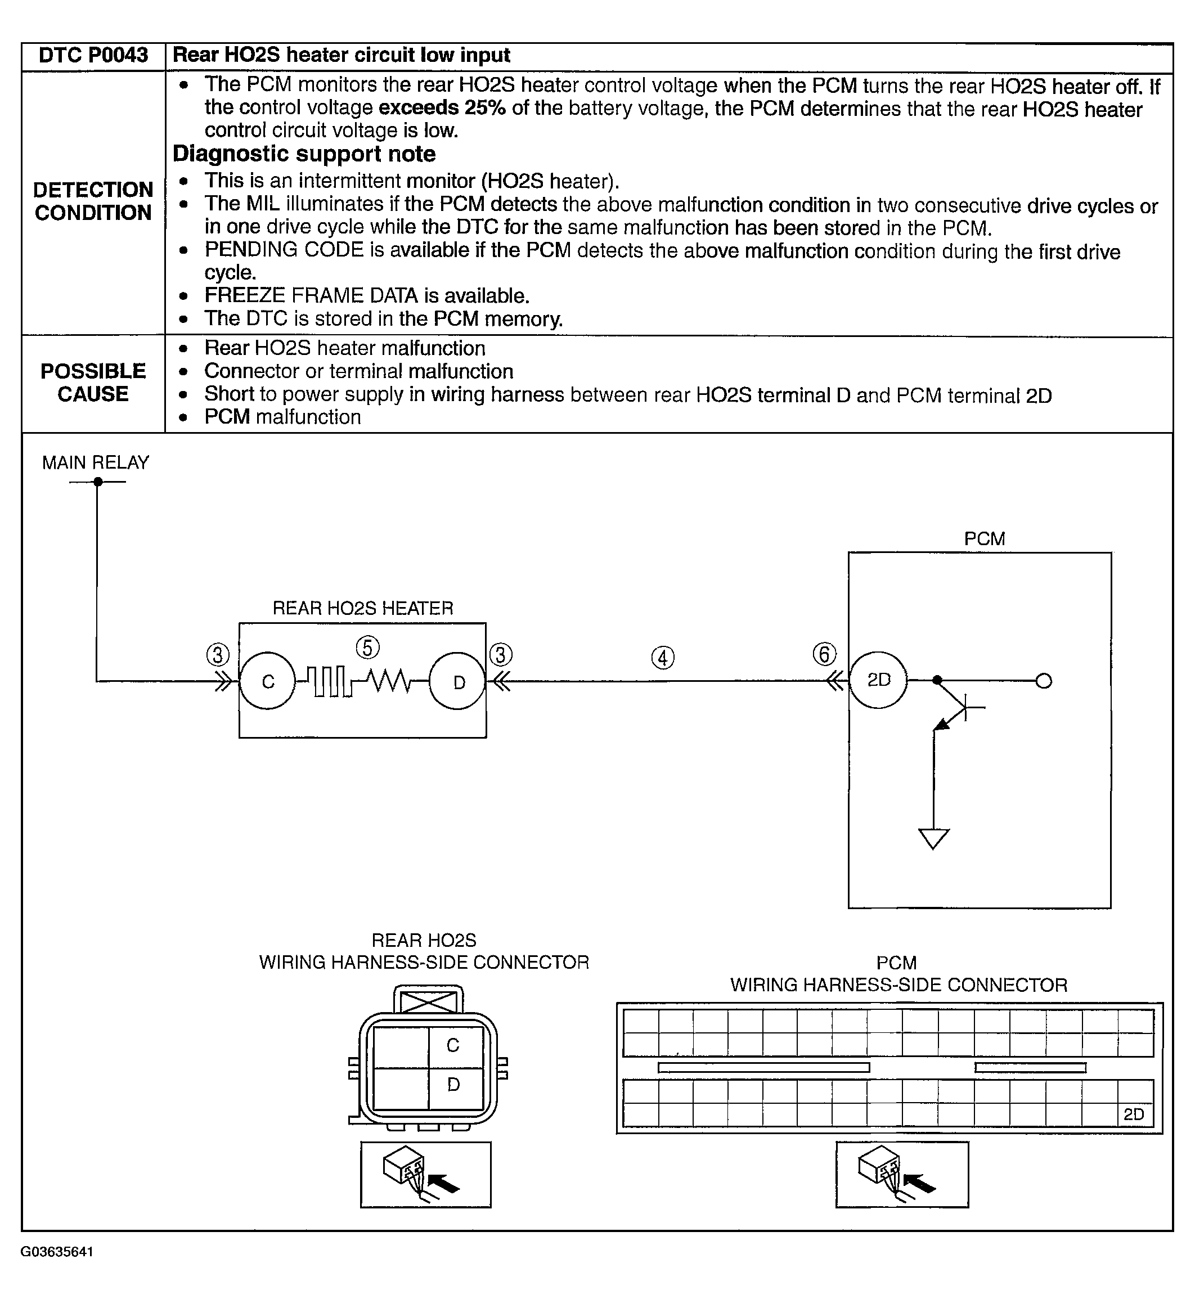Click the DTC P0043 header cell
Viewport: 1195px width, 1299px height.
93,56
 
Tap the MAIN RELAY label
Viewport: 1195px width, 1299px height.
96,463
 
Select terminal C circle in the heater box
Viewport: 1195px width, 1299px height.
268,681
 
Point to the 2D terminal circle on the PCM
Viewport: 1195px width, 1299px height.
878,680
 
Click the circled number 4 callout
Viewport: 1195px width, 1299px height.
662,658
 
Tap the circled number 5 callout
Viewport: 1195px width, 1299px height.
367,647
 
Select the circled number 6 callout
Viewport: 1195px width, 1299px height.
824,654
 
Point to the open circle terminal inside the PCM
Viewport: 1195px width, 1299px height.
1044,681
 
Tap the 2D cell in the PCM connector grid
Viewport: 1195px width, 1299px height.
1134,1114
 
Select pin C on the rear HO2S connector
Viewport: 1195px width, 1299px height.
453,1045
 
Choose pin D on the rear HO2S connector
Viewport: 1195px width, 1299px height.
453,1084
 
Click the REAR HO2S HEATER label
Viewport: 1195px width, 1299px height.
363,609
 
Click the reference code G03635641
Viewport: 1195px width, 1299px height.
57,1270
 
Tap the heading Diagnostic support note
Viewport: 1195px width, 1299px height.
304,154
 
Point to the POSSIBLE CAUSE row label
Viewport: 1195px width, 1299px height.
93,382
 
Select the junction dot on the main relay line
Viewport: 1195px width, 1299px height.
98,482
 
